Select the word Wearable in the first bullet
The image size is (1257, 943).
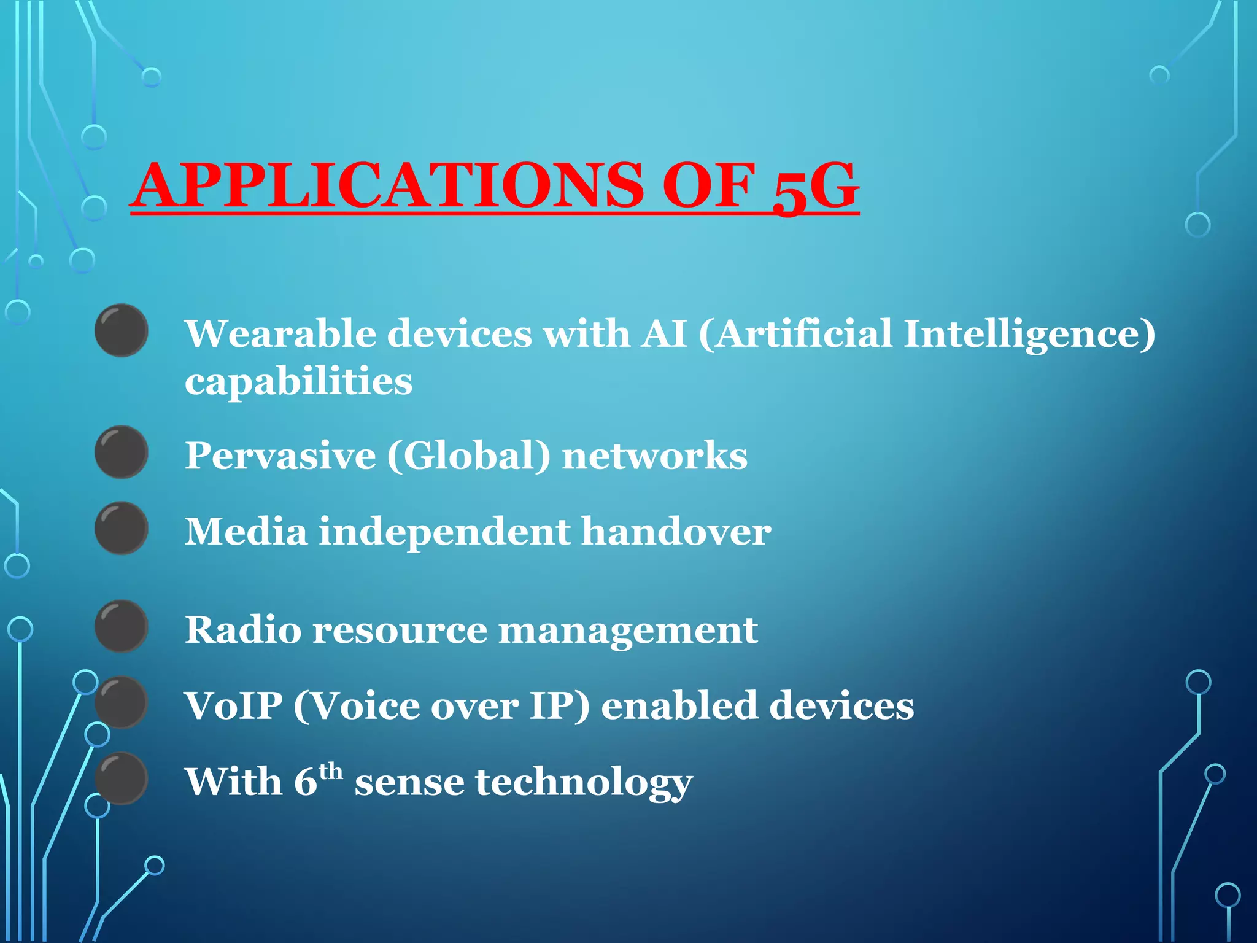[280, 334]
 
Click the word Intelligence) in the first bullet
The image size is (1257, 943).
[1029, 335]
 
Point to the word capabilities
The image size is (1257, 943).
[298, 382]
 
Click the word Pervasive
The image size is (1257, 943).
[280, 456]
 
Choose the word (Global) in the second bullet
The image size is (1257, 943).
[468, 457]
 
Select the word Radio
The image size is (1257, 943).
[243, 630]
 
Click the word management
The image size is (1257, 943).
[627, 631]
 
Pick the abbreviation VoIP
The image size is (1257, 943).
[233, 705]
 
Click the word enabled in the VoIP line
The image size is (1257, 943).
[679, 705]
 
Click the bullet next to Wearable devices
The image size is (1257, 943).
[122, 330]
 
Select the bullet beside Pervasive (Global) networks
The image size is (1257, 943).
[122, 452]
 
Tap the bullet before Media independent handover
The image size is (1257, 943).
[122, 528]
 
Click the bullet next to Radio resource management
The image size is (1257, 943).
[122, 626]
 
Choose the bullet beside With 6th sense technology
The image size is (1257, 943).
[122, 778]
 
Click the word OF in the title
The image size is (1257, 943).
[708, 185]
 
